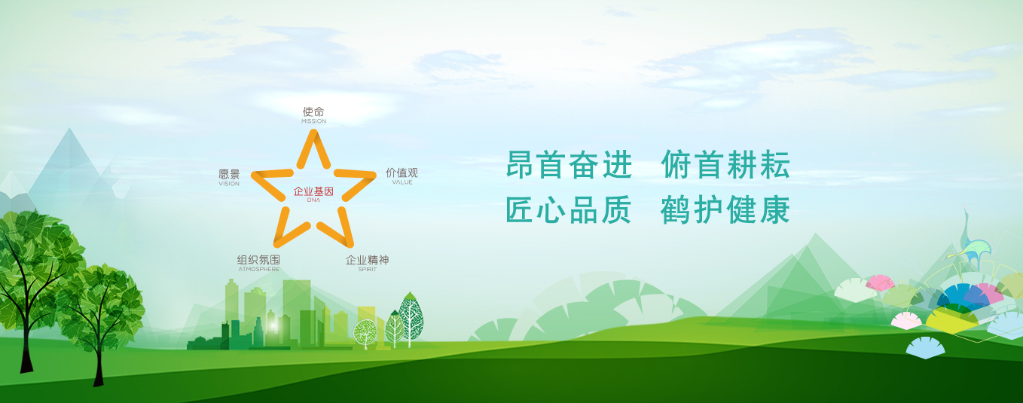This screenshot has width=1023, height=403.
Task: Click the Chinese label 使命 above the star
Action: pyautogui.click(x=313, y=112)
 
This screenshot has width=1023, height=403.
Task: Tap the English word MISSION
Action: pyautogui.click(x=313, y=121)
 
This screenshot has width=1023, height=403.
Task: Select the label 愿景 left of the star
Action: pyautogui.click(x=229, y=174)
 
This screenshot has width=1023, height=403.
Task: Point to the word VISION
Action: pyautogui.click(x=229, y=184)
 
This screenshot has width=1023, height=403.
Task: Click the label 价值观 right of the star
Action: pyautogui.click(x=402, y=172)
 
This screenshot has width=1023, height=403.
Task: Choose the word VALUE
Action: pyautogui.click(x=402, y=182)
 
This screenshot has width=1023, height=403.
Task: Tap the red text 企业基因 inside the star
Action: pyautogui.click(x=313, y=191)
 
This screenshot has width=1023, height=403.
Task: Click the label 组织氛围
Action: pyautogui.click(x=258, y=260)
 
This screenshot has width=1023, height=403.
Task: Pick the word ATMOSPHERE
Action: pyautogui.click(x=258, y=269)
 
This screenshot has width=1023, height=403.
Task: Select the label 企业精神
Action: pyautogui.click(x=367, y=260)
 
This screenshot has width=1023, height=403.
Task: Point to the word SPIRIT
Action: pyautogui.click(x=367, y=270)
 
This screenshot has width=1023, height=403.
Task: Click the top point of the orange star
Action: pyautogui.click(x=313, y=131)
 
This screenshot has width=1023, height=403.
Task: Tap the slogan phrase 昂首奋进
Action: pyautogui.click(x=569, y=165)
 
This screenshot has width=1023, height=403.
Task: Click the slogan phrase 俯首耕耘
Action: pyautogui.click(x=725, y=164)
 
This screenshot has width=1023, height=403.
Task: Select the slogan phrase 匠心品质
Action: pyautogui.click(x=569, y=210)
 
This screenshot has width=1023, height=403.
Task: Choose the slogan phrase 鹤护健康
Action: pyautogui.click(x=725, y=210)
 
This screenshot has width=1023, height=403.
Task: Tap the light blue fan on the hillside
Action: pyautogui.click(x=925, y=347)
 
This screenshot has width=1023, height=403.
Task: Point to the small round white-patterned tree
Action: pyautogui.click(x=365, y=333)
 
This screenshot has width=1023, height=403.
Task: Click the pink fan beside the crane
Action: pyautogui.click(x=880, y=282)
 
